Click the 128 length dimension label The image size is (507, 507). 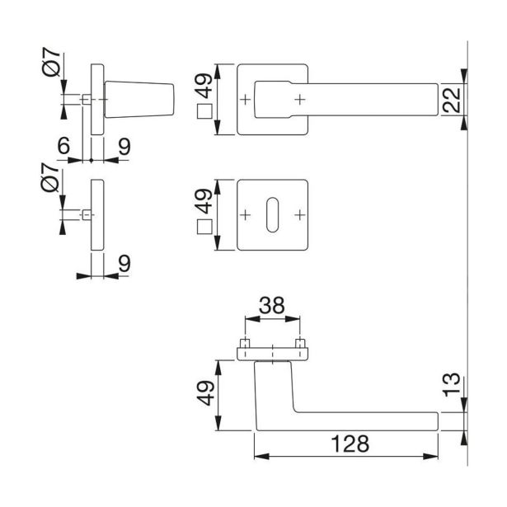tap(350, 444)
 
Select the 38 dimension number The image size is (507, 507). tap(272, 305)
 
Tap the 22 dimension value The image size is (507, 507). tap(452, 99)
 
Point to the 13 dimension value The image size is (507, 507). tap(452, 384)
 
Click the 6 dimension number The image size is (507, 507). tap(63, 145)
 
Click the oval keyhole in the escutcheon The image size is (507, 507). tap(272, 214)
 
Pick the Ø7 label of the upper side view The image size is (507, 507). tap(51, 62)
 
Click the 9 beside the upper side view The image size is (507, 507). tap(124, 147)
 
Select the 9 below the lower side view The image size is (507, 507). tap(124, 264)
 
